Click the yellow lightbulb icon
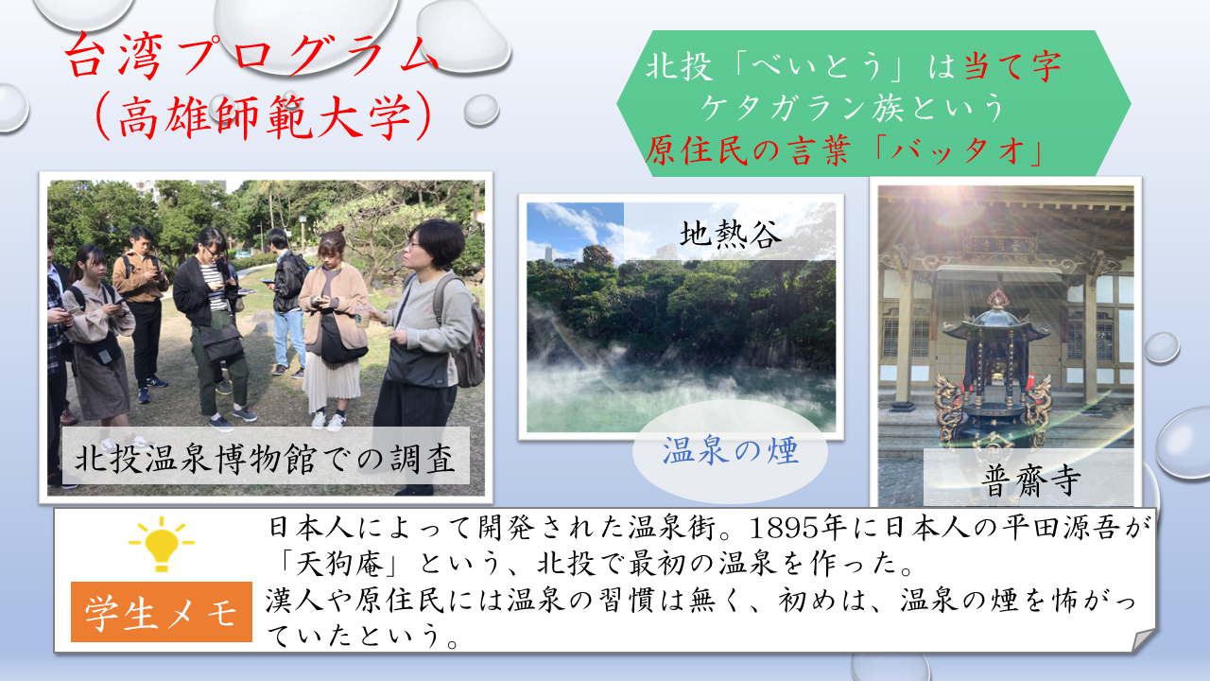[162, 543]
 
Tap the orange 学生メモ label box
[162, 612]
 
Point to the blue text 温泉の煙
[731, 449]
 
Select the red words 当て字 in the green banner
[1012, 67]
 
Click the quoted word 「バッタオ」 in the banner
[956, 149]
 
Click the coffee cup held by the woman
[362, 315]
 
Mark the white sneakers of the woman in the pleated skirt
[328, 421]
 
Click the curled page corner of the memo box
[1143, 640]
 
